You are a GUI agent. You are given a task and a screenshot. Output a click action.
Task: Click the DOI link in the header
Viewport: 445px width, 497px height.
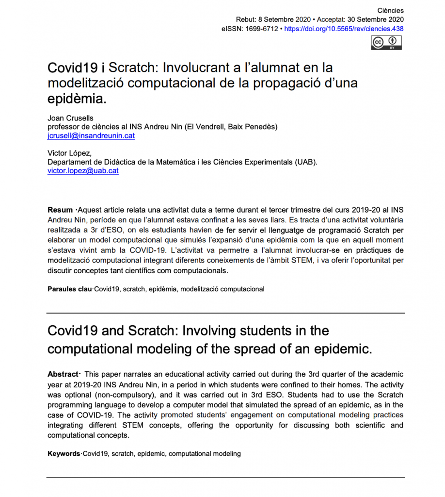click(x=343, y=29)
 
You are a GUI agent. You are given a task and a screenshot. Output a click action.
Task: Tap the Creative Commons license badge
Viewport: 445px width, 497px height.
click(x=386, y=42)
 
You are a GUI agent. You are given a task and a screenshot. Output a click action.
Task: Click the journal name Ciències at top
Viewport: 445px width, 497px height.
click(x=390, y=11)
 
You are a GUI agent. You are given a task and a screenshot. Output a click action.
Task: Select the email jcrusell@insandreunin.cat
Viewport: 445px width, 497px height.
click(x=91, y=136)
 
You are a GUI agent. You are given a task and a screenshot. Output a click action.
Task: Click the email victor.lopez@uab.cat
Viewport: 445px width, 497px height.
click(x=83, y=171)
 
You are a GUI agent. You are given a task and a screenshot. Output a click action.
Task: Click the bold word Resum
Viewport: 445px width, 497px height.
click(x=60, y=210)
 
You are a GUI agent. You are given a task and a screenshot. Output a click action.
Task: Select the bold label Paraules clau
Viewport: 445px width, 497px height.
click(x=69, y=289)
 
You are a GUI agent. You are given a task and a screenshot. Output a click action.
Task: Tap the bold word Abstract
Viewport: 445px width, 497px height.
click(x=63, y=374)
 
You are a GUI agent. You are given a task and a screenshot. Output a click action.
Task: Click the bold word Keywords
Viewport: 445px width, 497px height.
click(x=64, y=454)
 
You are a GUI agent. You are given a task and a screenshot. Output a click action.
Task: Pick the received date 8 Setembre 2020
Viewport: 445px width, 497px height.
click(x=284, y=20)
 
